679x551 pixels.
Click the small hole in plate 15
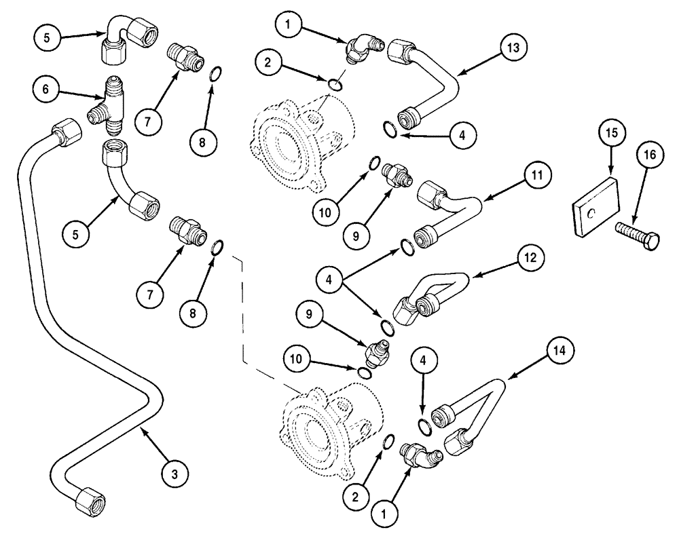coord(591,212)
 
